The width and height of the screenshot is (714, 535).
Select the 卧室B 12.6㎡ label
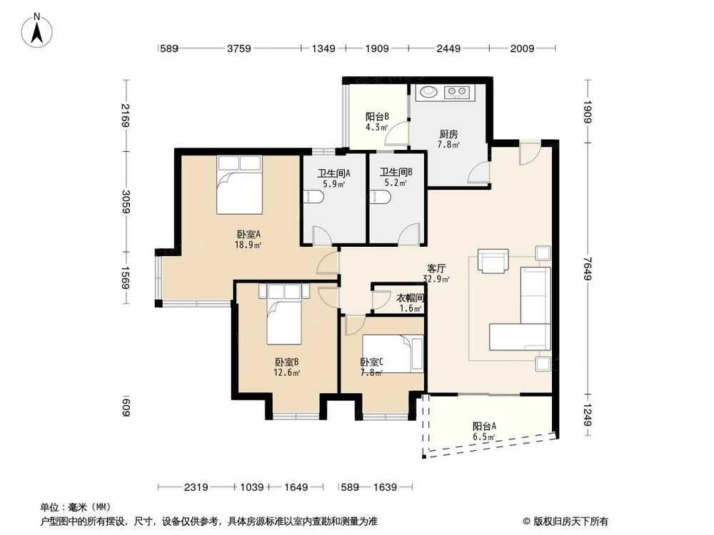tap(286, 366)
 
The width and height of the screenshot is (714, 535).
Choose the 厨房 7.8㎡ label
tap(448, 138)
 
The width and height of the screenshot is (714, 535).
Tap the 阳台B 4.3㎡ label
tap(376, 122)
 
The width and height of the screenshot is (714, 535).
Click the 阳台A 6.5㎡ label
tap(484, 431)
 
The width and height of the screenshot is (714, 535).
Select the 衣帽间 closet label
tap(411, 302)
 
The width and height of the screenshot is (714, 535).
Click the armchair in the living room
tap(493, 261)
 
